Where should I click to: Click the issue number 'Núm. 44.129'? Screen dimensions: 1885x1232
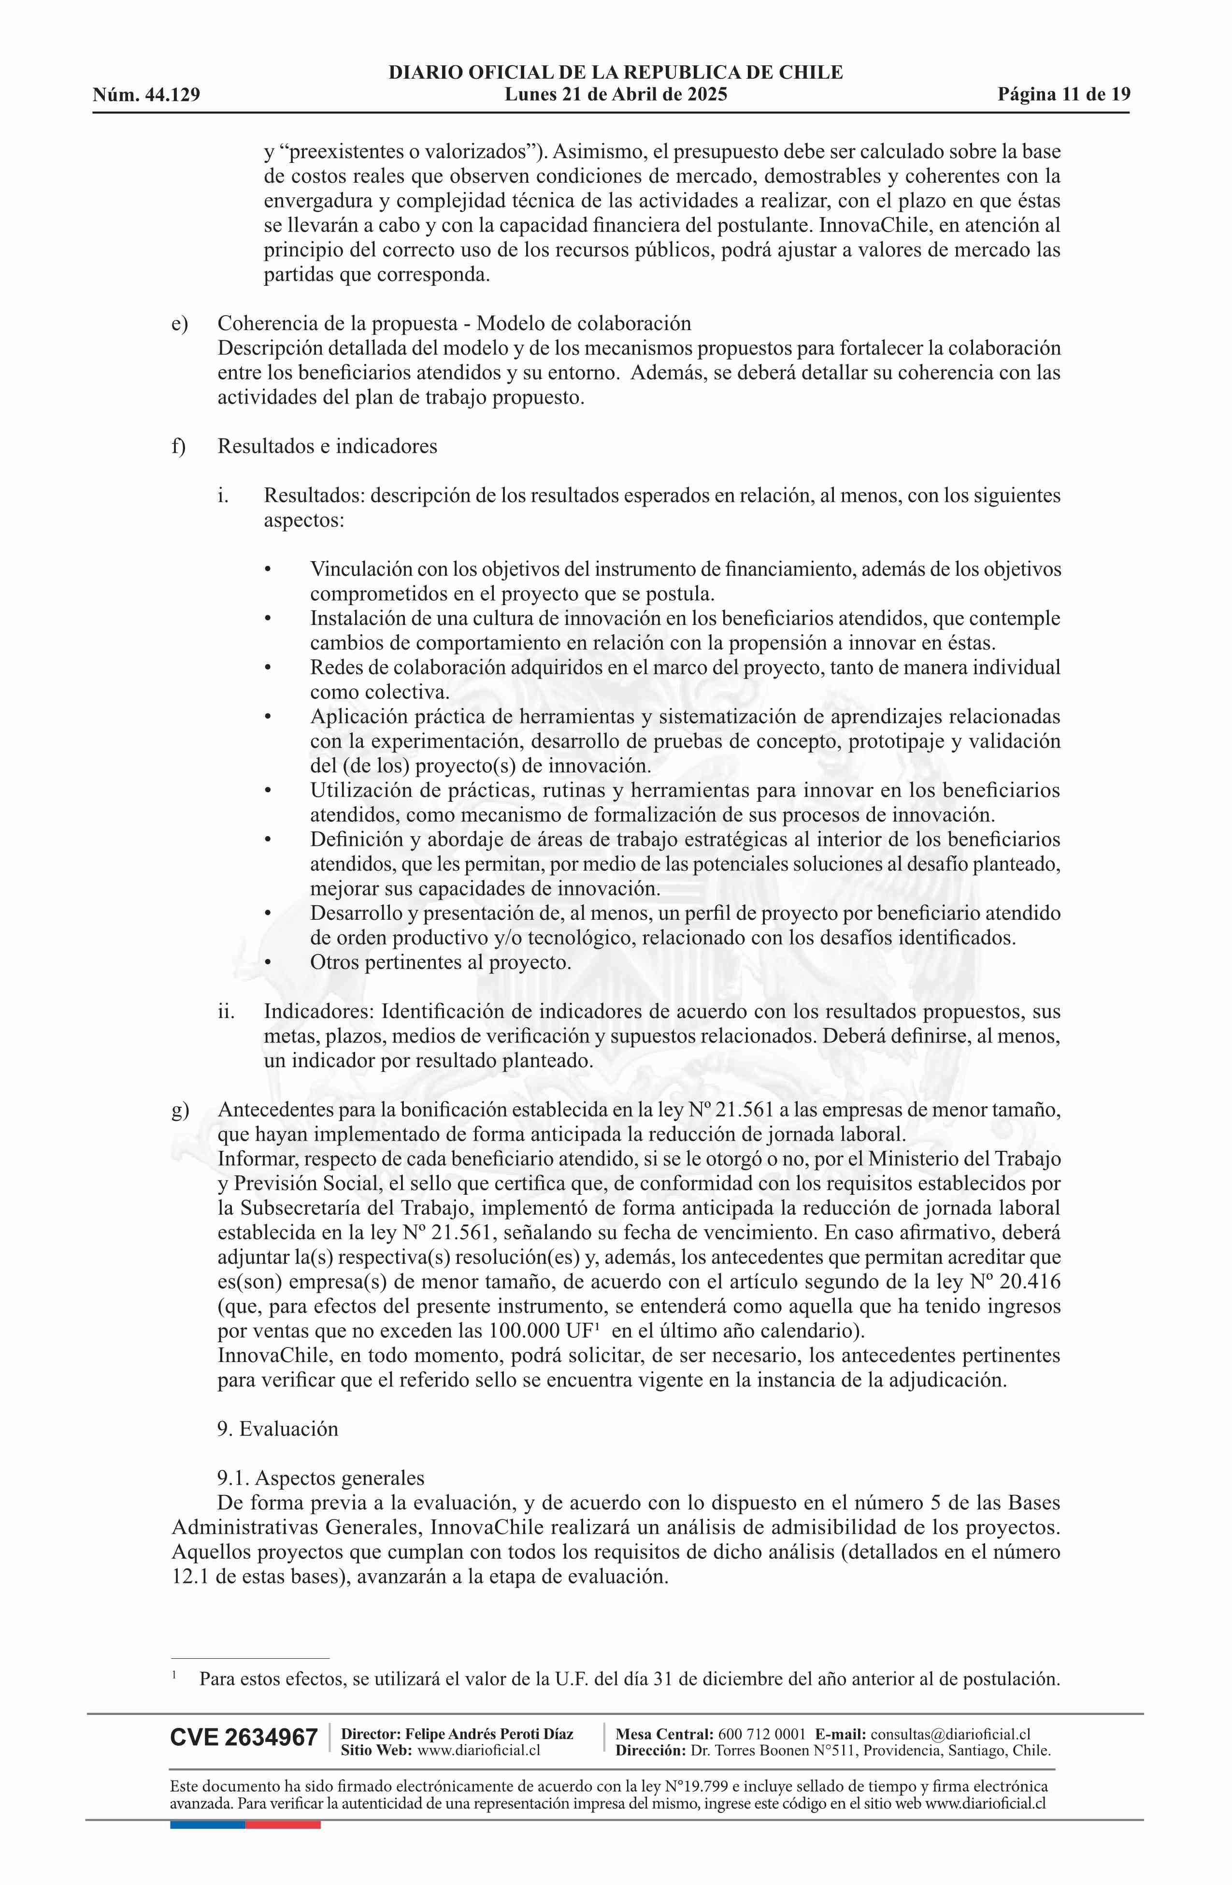[x=146, y=96]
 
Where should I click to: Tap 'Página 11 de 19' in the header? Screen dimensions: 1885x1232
[x=1063, y=95]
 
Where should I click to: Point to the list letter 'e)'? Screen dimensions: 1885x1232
[x=180, y=323]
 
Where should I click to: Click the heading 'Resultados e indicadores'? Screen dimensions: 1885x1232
[x=327, y=446]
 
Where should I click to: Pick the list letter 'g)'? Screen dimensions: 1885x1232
[x=180, y=1110]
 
